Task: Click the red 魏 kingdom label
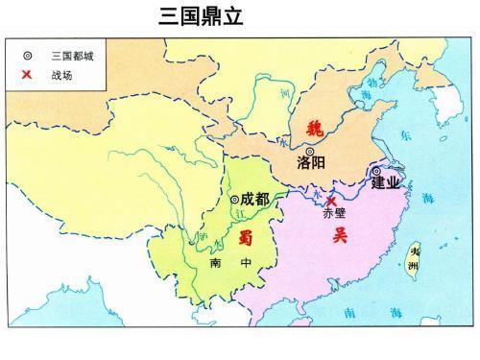pos(315,129)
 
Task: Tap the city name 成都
pos(255,199)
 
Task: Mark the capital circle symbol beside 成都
pos(234,200)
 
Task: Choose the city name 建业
pos(386,183)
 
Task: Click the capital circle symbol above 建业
pos(375,171)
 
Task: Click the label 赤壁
pos(334,213)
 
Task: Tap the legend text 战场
pos(60,74)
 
